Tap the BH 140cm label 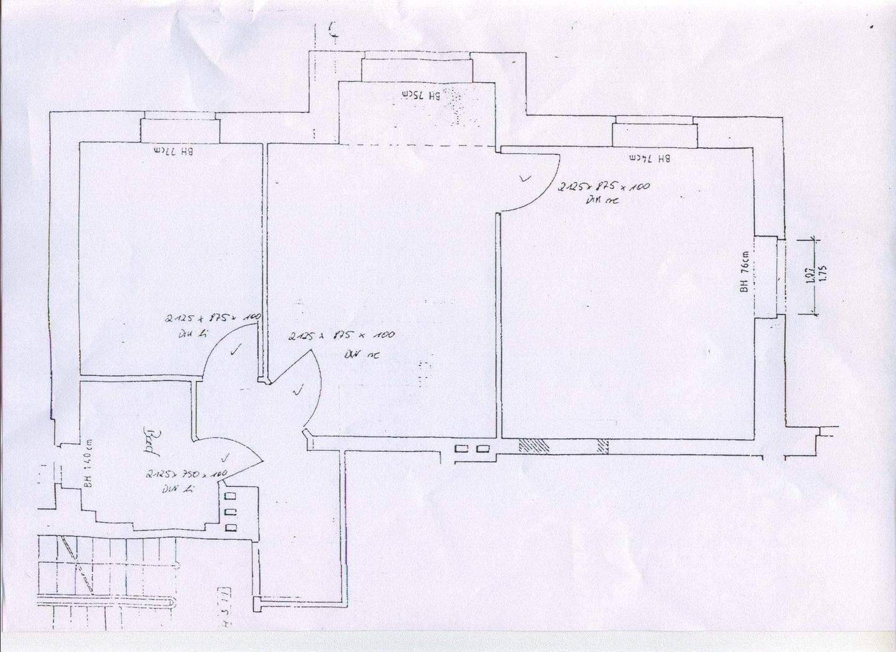click(89, 458)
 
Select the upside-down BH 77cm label click(170, 150)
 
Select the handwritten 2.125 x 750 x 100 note click(185, 474)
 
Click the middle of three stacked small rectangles click(231, 512)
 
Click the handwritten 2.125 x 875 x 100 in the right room click(604, 187)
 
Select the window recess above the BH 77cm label click(179, 130)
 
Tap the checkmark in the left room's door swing click(235, 351)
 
